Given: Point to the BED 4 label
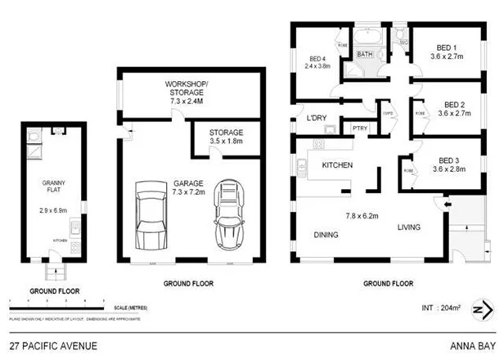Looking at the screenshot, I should (x=317, y=58).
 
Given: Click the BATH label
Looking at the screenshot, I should (x=365, y=56).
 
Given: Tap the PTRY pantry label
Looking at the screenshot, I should (x=359, y=128).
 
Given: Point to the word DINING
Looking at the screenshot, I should (x=326, y=235).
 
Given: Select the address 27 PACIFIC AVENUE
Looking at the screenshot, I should (x=53, y=346).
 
